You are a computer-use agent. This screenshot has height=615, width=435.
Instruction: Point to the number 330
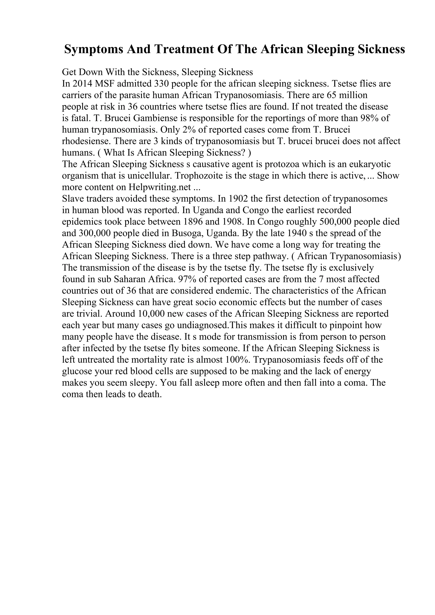pyautogui.click(x=161, y=84)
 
